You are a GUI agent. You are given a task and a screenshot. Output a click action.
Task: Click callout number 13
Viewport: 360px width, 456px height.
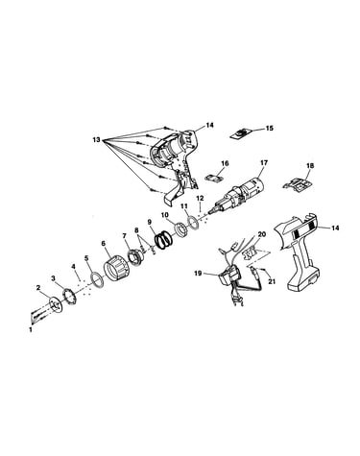tap(96, 140)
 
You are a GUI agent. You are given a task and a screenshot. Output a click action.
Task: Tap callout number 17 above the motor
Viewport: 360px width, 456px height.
tap(264, 163)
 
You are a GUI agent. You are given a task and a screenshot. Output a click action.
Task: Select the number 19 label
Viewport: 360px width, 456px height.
tap(198, 274)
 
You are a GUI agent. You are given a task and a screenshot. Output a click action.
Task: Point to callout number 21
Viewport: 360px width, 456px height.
tap(272, 281)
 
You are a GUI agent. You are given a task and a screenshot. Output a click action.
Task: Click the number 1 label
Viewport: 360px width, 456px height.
tap(31, 329)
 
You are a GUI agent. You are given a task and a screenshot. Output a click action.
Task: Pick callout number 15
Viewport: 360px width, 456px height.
tap(270, 129)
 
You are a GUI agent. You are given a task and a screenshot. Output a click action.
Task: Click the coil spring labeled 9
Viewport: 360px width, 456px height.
tap(163, 240)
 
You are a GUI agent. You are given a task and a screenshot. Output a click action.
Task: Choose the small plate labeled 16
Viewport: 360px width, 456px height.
tap(215, 179)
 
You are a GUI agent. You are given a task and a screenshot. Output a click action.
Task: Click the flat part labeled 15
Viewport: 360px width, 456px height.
tap(242, 133)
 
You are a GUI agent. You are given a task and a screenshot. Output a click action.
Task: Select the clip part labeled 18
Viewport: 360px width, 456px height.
tap(298, 185)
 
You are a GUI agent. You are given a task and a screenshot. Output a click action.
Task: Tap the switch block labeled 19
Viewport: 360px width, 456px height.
tap(229, 276)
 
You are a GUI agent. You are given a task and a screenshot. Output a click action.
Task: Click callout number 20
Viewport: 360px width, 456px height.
tap(262, 234)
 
